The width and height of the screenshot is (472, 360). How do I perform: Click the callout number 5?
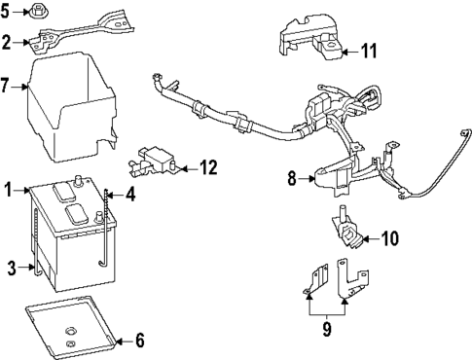7,13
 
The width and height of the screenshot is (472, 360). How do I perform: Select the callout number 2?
7,42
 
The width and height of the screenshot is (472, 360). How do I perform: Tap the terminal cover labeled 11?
309,37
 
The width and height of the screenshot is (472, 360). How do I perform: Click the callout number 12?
208,167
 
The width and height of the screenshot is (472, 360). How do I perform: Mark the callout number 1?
8,190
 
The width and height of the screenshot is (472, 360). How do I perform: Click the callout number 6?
138,341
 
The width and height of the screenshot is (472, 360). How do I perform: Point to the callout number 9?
326,329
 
